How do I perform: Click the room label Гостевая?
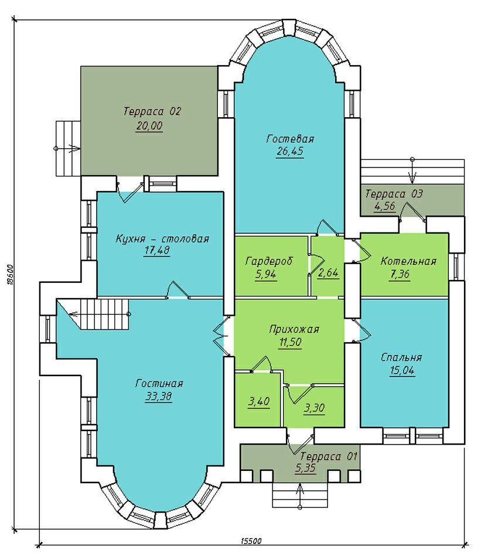(290, 139)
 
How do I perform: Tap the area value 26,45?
(290, 151)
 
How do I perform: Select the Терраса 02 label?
(152, 111)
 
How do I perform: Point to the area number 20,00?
(149, 126)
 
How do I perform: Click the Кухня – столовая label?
(162, 238)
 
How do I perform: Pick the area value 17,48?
(157, 251)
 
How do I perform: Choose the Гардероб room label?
(269, 261)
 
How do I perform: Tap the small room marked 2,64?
(328, 273)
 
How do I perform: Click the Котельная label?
(408, 261)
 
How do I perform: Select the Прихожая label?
(294, 329)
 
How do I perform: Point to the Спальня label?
(401, 357)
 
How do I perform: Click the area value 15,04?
(401, 371)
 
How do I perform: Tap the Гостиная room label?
(159, 383)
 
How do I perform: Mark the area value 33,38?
(159, 396)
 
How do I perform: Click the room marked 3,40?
(259, 402)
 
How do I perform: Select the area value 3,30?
(314, 408)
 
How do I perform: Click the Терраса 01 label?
(329, 456)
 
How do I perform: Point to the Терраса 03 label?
(394, 194)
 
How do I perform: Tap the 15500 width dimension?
(251, 551)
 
